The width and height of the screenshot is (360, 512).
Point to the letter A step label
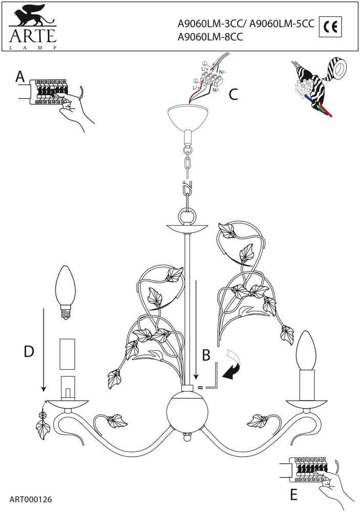pyautogui.click(x=19, y=77)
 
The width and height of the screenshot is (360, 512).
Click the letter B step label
pyautogui.click(x=206, y=354)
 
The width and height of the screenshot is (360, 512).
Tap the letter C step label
pyautogui.click(x=233, y=94)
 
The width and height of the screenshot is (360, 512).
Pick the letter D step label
pyautogui.click(x=29, y=352)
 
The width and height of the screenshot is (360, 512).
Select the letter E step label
pyautogui.click(x=293, y=495)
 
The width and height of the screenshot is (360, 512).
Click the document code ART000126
pyautogui.click(x=31, y=498)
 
